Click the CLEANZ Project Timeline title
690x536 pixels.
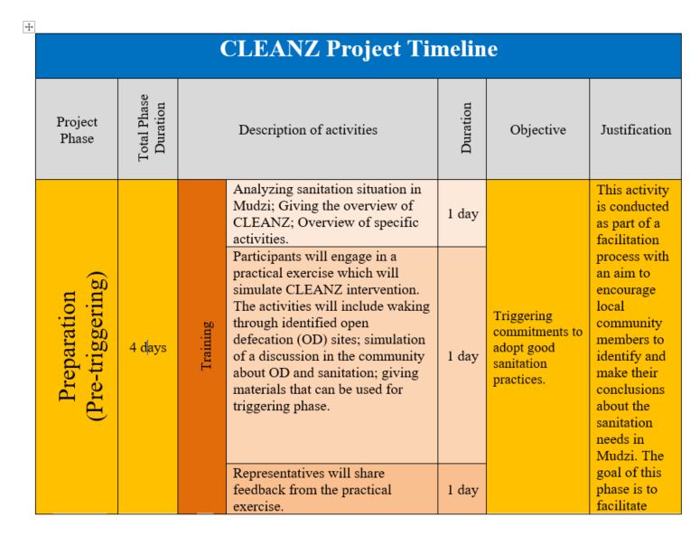[x=359, y=49]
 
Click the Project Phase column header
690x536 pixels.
[x=77, y=129]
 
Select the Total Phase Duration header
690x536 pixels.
[x=148, y=129]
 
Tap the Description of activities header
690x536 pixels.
[x=308, y=129]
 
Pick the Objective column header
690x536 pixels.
[x=537, y=129]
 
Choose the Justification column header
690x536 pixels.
[x=636, y=129]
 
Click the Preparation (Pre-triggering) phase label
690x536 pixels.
[x=77, y=348]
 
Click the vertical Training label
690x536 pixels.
[x=202, y=348]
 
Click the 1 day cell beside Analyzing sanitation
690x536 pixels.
[x=462, y=213]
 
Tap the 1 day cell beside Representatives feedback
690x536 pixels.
[x=462, y=489]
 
